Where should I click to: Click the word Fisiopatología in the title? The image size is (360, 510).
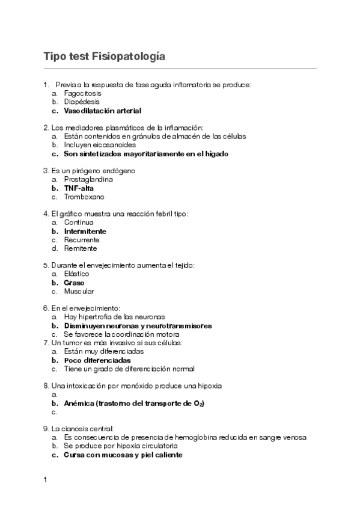click(128, 57)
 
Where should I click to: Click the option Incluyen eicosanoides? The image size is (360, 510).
click(100, 145)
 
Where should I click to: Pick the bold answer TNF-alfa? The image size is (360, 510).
click(79, 188)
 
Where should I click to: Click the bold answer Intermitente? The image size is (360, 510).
click(85, 231)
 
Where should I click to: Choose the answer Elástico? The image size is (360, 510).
click(76, 274)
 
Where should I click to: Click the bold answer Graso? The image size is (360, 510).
click(74, 283)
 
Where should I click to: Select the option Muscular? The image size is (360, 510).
click(79, 292)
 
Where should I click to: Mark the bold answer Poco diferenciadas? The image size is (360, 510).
click(97, 360)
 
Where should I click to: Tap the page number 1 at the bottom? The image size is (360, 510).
click(45, 481)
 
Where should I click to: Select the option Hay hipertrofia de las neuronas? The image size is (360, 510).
click(114, 317)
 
